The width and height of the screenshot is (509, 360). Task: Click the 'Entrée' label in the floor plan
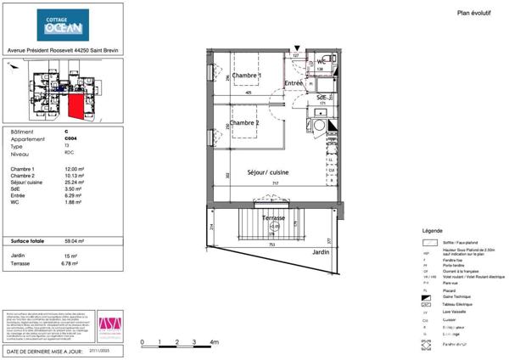(x=294, y=82)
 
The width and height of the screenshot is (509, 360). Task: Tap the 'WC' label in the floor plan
(x=322, y=61)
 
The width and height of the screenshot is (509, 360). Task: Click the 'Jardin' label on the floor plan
(x=319, y=252)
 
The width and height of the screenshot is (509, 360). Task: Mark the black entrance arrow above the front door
(x=296, y=50)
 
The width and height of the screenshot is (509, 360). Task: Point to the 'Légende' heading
(x=431, y=232)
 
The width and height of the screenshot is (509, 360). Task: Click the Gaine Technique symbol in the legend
(x=427, y=297)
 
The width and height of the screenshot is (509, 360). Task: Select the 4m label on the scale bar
(x=213, y=342)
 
